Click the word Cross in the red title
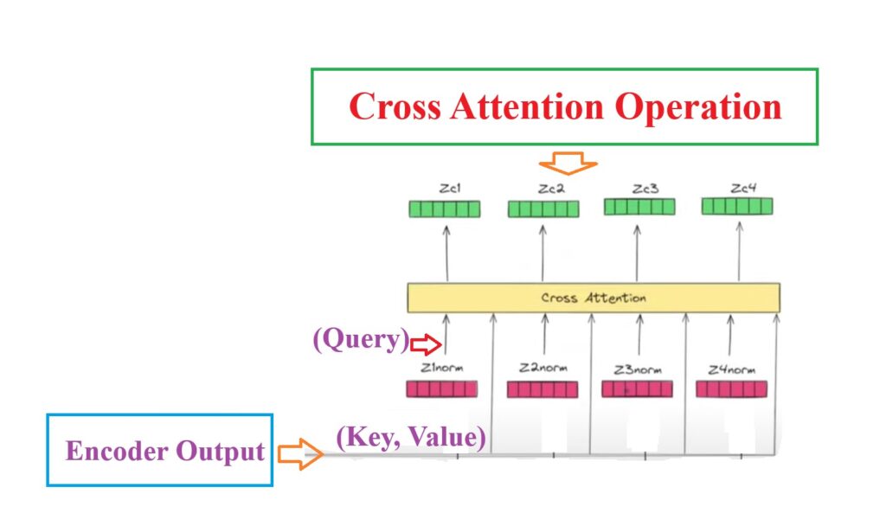click(x=395, y=106)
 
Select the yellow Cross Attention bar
click(x=594, y=298)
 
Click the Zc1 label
click(x=450, y=188)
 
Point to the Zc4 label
click(x=743, y=188)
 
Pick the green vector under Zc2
click(x=543, y=209)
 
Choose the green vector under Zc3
click(x=639, y=207)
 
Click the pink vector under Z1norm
click(x=442, y=389)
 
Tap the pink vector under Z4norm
click(x=732, y=389)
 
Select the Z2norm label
click(x=543, y=368)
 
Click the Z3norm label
click(x=638, y=370)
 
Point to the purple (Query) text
click(x=361, y=339)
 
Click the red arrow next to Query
click(x=426, y=344)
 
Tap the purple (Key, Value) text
click(x=411, y=437)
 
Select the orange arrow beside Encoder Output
click(x=300, y=453)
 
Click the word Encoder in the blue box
click(x=117, y=451)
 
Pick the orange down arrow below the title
click(x=568, y=163)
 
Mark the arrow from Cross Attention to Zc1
click(x=446, y=253)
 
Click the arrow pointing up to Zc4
click(x=739, y=252)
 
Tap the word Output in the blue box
click(x=221, y=452)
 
